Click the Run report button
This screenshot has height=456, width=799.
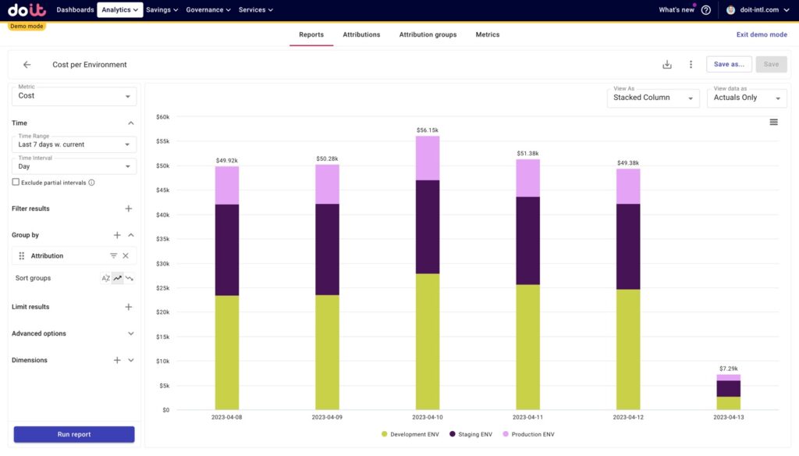pos(74,434)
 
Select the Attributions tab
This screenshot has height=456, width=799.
pos(361,34)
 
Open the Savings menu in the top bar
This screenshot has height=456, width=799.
pos(162,10)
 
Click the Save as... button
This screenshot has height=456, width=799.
pos(729,64)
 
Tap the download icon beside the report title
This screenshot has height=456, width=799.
pos(667,65)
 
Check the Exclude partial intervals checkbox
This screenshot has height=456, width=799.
pos(16,182)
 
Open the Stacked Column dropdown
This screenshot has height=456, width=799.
pos(653,98)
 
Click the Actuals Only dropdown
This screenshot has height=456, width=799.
pos(746,98)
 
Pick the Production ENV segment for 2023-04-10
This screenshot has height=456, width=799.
pos(428,158)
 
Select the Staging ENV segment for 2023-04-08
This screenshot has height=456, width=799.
pos(227,250)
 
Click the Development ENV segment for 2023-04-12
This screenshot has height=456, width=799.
pos(628,349)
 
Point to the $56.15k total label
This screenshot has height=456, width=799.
pos(428,130)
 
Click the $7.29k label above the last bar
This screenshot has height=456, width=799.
pos(729,368)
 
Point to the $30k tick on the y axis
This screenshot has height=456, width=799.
pos(162,263)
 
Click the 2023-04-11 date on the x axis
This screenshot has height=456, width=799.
pos(528,417)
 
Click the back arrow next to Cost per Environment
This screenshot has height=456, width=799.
pos(27,65)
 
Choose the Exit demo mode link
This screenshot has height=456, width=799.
pos(762,34)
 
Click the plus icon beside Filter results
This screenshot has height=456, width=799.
pos(129,208)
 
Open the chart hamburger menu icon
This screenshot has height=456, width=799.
pos(773,122)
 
